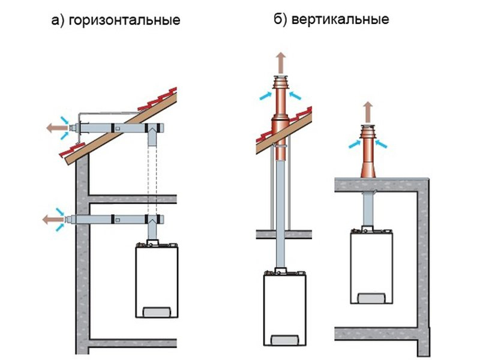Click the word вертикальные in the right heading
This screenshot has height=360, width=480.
pos(340,19)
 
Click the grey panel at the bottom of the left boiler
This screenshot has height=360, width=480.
pos(154,313)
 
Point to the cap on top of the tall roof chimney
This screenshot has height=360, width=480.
pos(280,81)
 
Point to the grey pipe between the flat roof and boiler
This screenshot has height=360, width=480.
pos(367,210)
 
